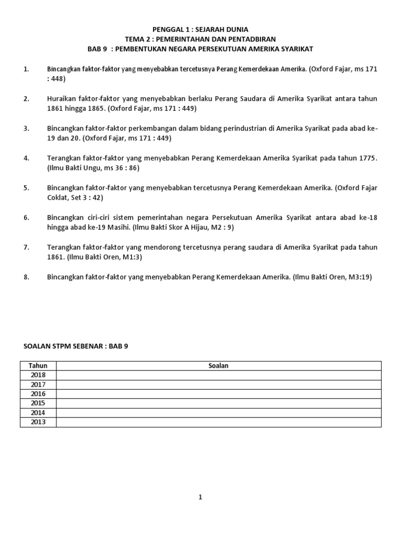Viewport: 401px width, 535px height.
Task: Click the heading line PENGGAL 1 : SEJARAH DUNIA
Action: coord(200,29)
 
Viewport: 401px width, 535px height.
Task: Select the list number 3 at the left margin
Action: coord(26,129)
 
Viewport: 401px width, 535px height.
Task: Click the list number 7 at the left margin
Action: coord(26,247)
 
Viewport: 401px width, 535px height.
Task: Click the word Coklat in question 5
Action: coord(59,197)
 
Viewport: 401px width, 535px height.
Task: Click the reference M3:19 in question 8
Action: coord(360,277)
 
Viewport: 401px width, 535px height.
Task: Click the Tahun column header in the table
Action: coord(38,366)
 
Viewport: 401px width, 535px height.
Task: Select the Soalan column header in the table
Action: coord(218,366)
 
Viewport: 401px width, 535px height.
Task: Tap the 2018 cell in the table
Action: coord(38,375)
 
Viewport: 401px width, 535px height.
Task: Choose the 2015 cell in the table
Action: coord(38,403)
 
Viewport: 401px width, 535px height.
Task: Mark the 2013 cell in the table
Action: coord(38,422)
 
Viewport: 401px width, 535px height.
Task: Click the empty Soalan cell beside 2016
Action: coord(218,394)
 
